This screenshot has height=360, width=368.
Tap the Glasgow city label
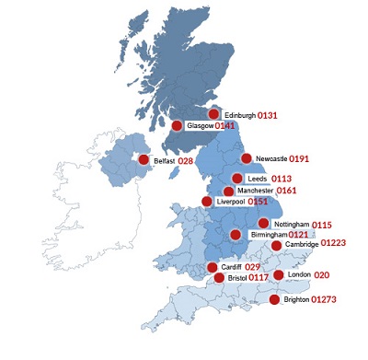pyautogui.click(x=200, y=125)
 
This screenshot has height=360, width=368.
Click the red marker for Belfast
pyautogui.click(x=144, y=160)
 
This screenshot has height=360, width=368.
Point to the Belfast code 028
pyautogui.click(x=185, y=160)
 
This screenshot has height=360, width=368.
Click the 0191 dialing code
pyautogui.click(x=317, y=158)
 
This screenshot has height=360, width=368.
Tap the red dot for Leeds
pyautogui.click(x=237, y=179)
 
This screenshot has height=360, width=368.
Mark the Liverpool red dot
pyautogui.click(x=207, y=201)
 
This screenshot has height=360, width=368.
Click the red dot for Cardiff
pyautogui.click(x=213, y=267)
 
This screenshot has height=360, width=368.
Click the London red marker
pyautogui.click(x=279, y=275)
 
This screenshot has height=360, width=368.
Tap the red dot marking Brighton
pyautogui.click(x=273, y=299)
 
